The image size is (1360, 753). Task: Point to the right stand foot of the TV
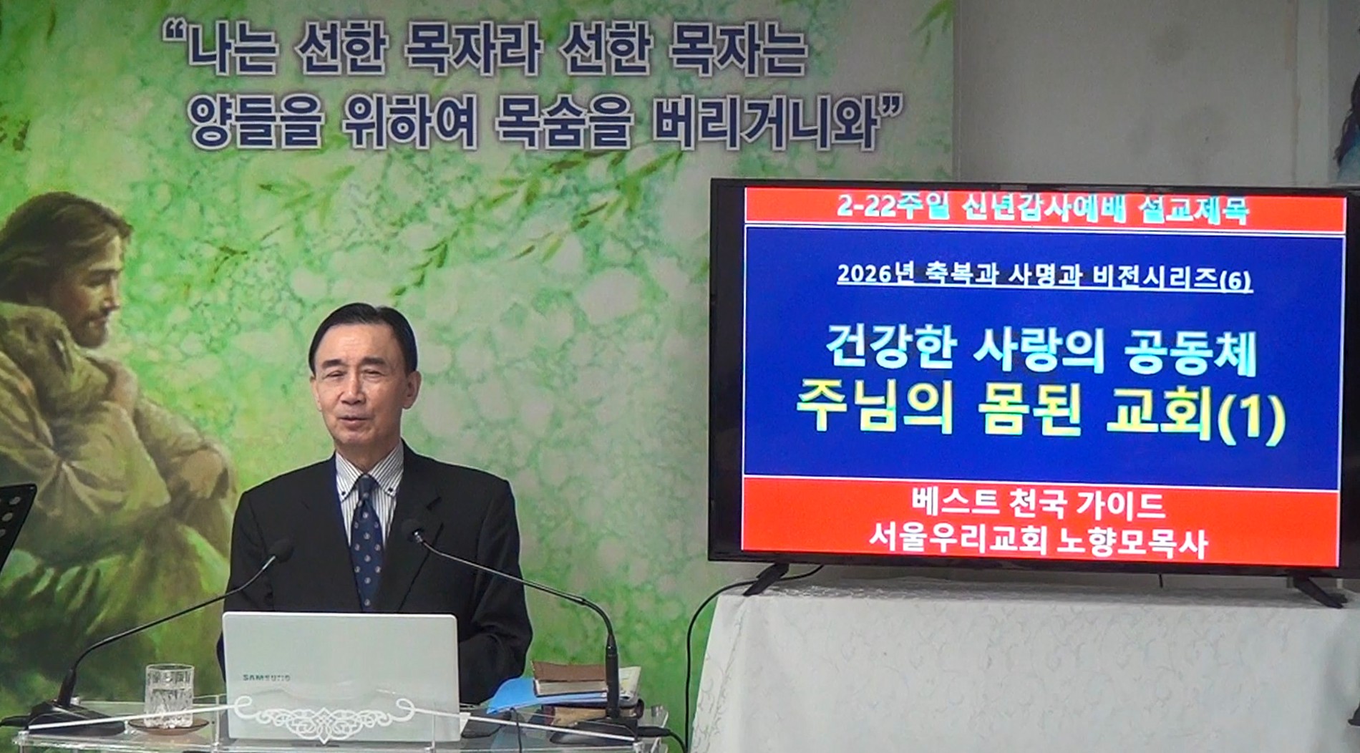[1317, 590]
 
